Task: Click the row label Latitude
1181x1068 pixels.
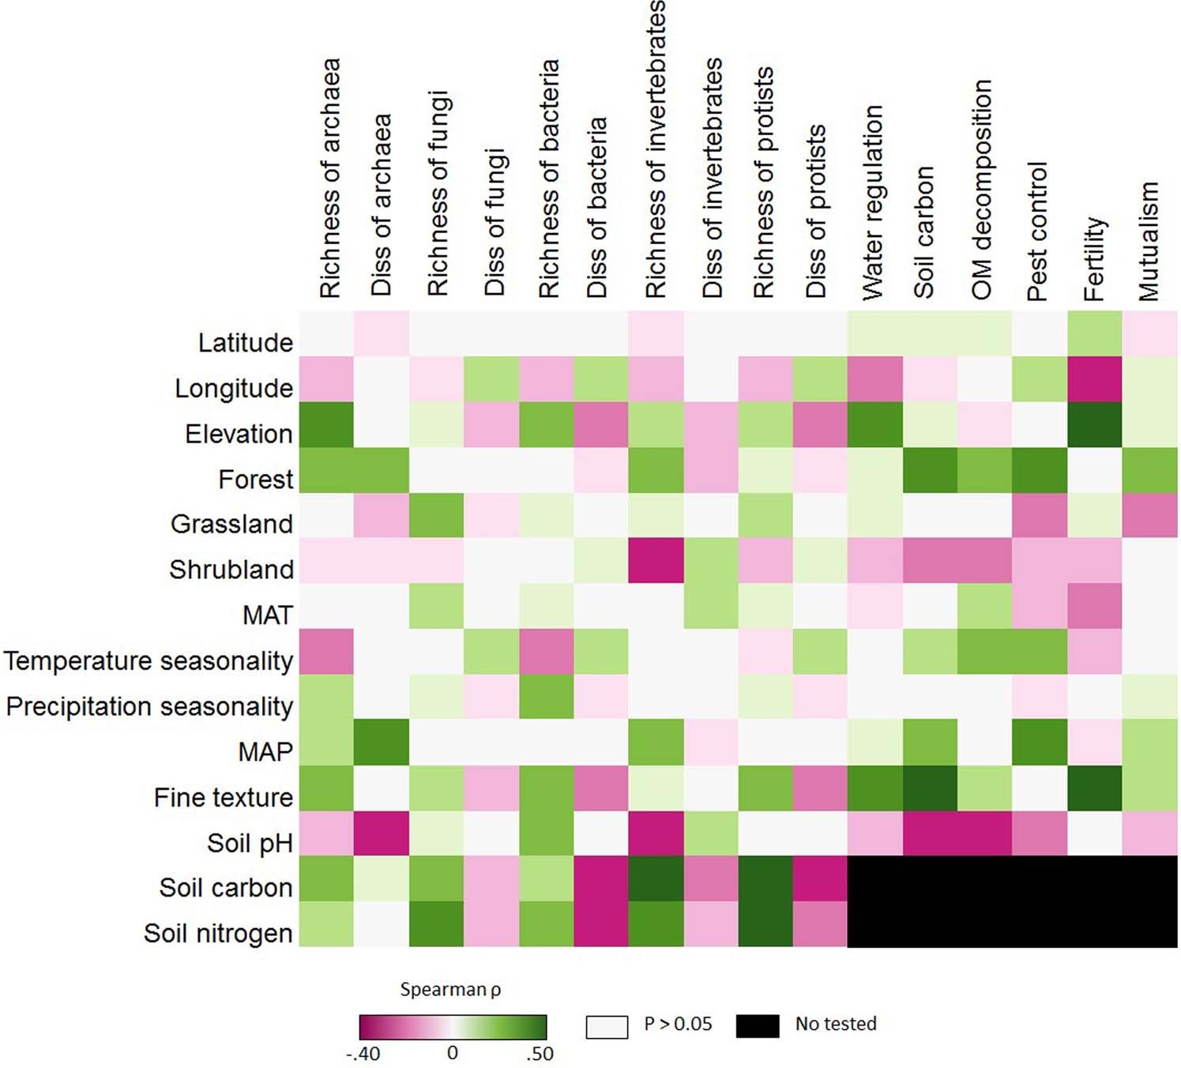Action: (245, 343)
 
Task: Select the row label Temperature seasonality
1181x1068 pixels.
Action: (149, 660)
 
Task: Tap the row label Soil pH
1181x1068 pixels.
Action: (250, 843)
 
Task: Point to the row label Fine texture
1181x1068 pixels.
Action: (224, 797)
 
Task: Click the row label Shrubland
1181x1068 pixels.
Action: (231, 570)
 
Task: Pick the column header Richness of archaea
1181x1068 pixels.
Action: (329, 178)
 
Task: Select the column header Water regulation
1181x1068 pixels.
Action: (873, 202)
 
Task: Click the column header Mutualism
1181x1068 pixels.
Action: (1149, 241)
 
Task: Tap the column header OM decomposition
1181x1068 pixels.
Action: (981, 190)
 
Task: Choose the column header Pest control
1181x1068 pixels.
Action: (1037, 231)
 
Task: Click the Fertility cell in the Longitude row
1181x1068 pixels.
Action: (1094, 379)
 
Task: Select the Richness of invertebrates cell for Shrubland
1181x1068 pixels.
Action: (656, 561)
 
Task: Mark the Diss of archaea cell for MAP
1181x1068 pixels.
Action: (382, 743)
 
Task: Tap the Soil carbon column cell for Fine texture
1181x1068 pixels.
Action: (929, 788)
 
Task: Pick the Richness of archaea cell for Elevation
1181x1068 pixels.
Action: (326, 425)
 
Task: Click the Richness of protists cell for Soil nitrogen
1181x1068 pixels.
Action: (765, 924)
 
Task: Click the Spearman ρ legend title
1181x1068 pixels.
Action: (450, 989)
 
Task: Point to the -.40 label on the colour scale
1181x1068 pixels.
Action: (363, 1053)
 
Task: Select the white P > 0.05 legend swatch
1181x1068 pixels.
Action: (607, 1026)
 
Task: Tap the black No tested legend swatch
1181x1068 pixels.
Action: (757, 1025)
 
